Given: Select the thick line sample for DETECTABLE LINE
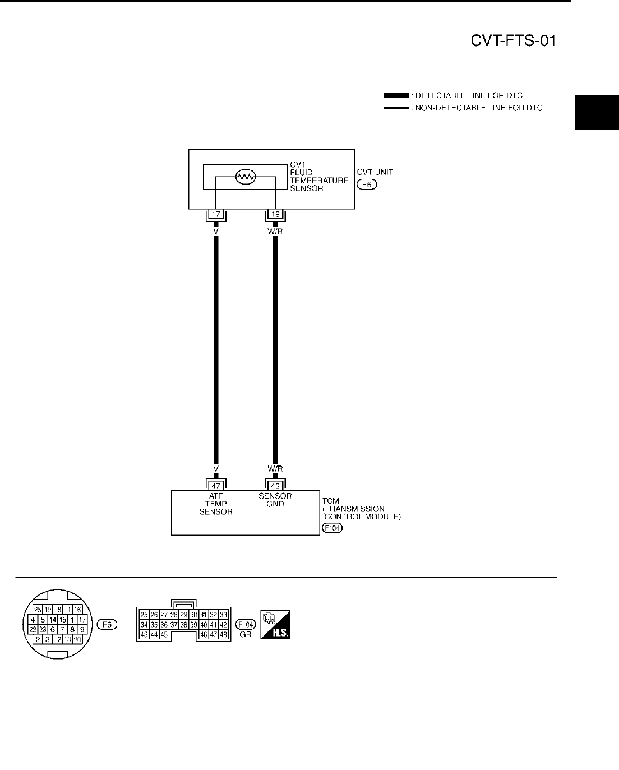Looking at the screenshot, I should pyautogui.click(x=396, y=95).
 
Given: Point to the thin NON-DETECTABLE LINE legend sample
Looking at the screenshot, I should pyautogui.click(x=396, y=108).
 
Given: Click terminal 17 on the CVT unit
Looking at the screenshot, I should pyautogui.click(x=216, y=214).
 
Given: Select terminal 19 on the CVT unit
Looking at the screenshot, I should pyautogui.click(x=275, y=214).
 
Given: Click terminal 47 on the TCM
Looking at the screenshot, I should pyautogui.click(x=216, y=486).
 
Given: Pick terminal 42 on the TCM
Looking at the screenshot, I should pyautogui.click(x=275, y=486).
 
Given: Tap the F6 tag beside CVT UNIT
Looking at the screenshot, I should pyautogui.click(x=368, y=184).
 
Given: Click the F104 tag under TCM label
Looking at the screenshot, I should pyautogui.click(x=332, y=528).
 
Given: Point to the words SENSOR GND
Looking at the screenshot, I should pyautogui.click(x=275, y=500).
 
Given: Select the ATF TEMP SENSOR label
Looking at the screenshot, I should pyautogui.click(x=216, y=504).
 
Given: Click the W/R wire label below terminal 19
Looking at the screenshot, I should pyautogui.click(x=275, y=229).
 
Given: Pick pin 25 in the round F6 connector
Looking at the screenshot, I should pyautogui.click(x=38, y=609).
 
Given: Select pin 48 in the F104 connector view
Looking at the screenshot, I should pyautogui.click(x=223, y=634).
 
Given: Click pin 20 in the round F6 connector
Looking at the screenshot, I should pyautogui.click(x=77, y=639).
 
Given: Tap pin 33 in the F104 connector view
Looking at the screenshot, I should pyautogui.click(x=223, y=614).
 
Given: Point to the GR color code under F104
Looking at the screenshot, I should pyautogui.click(x=244, y=635).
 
